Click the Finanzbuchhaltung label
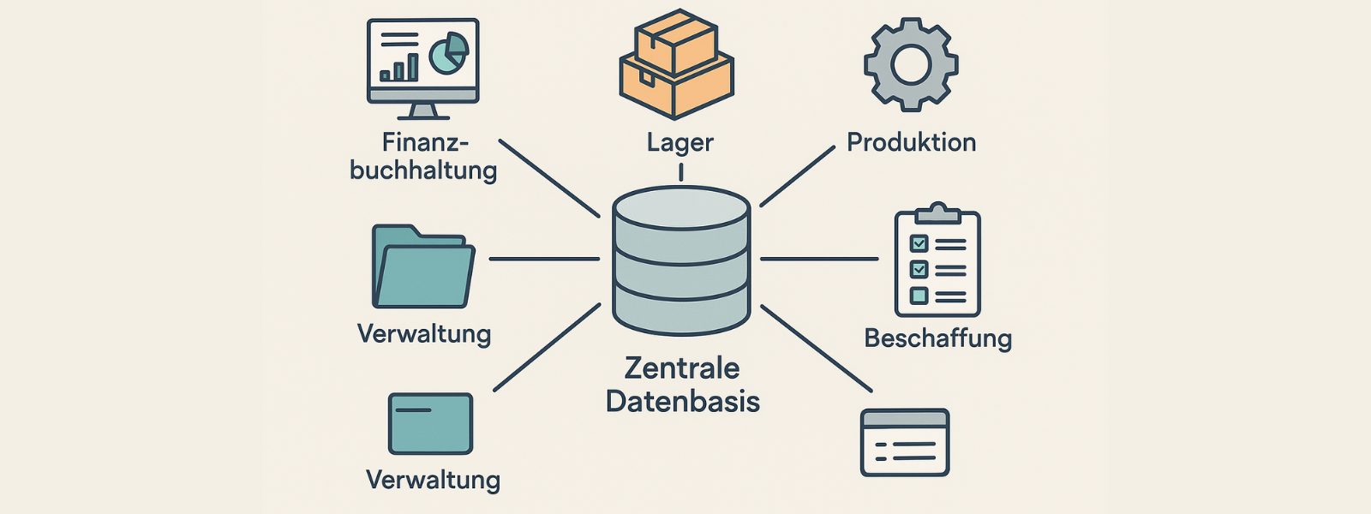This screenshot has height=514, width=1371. coord(423,156)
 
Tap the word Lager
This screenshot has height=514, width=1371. coord(680,142)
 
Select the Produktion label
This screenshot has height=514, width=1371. coord(911,142)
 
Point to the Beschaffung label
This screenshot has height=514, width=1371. coord(937,338)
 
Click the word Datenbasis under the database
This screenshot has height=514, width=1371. coord(682,402)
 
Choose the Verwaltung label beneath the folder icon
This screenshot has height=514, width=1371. coord(424,333)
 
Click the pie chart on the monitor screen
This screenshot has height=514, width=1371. coord(448,53)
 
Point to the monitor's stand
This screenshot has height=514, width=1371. coord(422,111)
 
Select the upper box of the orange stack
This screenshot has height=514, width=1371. coord(675,39)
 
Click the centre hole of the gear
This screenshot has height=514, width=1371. coord(911,65)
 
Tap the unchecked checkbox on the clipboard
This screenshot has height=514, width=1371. coord(919,296)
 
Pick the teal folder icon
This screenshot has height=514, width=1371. coord(422,267)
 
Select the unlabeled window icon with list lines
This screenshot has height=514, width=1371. coord(905,443)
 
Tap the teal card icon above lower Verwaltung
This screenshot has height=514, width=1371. coord(430,423)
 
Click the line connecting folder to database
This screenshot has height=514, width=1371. coord(543,258)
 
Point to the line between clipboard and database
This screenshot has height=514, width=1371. coord(819,258)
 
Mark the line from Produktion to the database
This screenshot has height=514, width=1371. coord(797,176)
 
